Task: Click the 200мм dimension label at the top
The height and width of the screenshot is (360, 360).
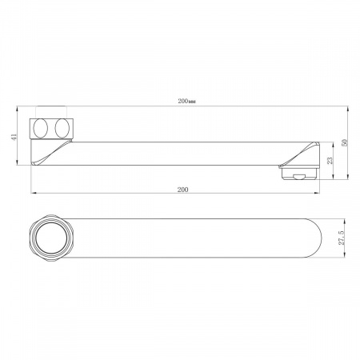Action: click(x=187, y=102)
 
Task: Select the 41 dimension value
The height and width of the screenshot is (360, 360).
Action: click(x=14, y=137)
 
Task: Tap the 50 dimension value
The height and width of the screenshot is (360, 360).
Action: click(x=345, y=142)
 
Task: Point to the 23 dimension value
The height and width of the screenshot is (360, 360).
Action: click(x=330, y=160)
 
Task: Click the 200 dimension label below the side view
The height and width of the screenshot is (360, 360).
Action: click(x=182, y=190)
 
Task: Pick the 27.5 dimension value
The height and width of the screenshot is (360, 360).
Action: click(x=342, y=238)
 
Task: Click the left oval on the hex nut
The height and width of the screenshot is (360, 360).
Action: click(x=41, y=128)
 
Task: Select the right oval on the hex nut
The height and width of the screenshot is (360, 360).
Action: click(x=62, y=128)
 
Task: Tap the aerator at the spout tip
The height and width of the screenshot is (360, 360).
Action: click(x=299, y=173)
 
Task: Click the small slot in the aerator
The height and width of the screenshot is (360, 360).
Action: click(x=299, y=177)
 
